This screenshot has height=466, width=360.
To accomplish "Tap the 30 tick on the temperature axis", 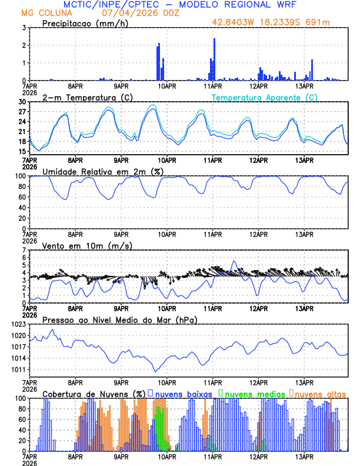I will tap(23, 102).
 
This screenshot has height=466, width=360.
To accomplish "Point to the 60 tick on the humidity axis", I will tap(23, 197).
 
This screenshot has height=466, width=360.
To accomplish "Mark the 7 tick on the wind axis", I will tap(25, 251).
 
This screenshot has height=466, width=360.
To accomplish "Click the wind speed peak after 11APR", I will tap(234, 261).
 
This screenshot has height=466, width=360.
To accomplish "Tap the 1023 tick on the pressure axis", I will tap(19, 325).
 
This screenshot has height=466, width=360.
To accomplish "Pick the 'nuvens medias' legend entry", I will tap(252, 393).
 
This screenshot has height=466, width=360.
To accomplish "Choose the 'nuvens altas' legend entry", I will tap(319, 393).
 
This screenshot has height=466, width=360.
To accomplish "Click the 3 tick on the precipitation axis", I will tap(25, 28).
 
